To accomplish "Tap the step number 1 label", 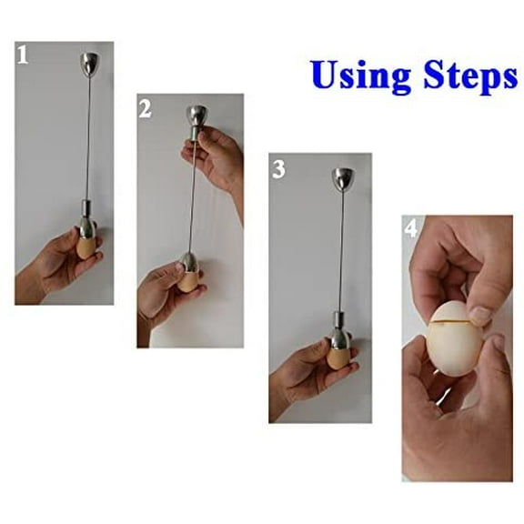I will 23,56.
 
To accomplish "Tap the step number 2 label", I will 146,109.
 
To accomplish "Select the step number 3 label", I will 279,169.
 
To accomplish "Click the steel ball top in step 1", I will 90,64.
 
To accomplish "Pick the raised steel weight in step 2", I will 196,117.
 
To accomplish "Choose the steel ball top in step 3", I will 345,178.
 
